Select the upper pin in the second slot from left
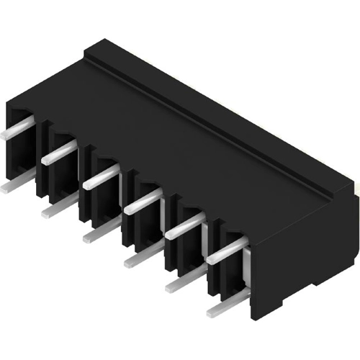pos(58,153)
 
